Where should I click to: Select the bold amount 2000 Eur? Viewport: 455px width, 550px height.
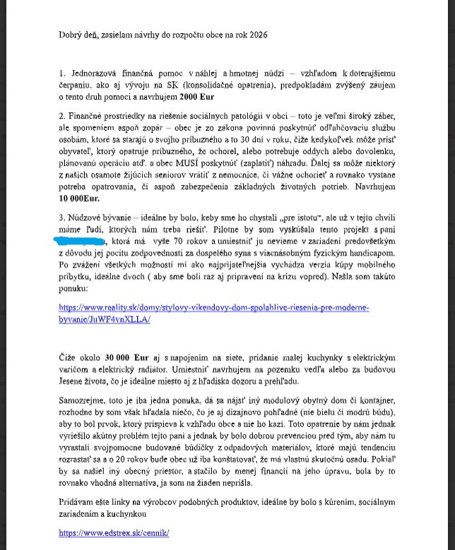point(198,96)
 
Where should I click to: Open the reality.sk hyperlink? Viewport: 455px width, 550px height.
point(213,313)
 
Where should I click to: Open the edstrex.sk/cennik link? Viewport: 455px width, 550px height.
point(114,533)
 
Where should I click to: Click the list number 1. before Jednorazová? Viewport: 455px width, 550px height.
point(62,73)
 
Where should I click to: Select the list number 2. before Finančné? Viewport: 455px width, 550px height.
point(62,115)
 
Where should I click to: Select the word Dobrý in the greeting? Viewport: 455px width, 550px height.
point(71,35)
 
